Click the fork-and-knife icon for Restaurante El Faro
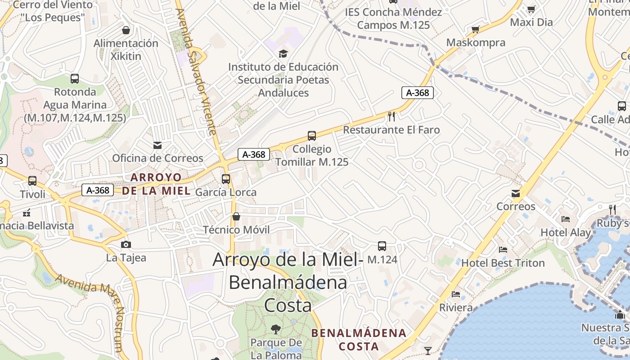click(391, 117)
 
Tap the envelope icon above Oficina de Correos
click(157, 145)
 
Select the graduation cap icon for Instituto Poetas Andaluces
click(283, 54)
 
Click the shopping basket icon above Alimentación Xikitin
click(126, 30)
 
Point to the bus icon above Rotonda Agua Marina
click(75, 79)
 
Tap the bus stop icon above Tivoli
click(32, 181)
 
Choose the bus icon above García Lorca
click(226, 179)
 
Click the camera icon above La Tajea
click(126, 244)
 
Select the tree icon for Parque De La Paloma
click(276, 329)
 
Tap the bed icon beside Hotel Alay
click(566, 219)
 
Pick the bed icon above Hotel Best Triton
click(503, 249)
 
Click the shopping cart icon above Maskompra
click(475, 30)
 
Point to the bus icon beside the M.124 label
click(382, 246)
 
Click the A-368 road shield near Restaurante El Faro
click(418, 93)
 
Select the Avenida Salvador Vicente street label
click(198, 72)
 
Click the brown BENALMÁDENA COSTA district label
click(359, 340)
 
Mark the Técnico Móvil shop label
click(236, 230)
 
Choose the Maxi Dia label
click(531, 22)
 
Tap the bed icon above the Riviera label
click(456, 294)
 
